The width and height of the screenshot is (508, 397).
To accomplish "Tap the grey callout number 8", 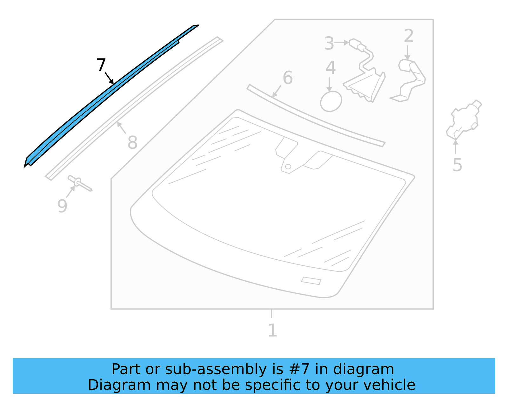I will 132,142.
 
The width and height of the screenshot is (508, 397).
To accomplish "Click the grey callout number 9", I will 62,206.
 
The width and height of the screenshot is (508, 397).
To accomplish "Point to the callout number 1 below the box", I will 272,330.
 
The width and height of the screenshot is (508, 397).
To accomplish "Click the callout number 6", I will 288,78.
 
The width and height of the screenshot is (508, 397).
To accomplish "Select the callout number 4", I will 331,68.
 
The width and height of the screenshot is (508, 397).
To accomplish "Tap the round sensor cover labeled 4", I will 331,102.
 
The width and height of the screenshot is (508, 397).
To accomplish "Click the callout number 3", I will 329,44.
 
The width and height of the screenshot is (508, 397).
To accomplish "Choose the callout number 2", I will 409,36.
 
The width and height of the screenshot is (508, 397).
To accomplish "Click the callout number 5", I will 457,165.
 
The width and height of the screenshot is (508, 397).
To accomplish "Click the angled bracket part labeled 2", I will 410,79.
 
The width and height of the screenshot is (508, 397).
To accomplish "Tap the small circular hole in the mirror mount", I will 288,167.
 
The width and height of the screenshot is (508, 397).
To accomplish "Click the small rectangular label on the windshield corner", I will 311,281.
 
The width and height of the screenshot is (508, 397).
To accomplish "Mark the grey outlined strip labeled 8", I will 133,108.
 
